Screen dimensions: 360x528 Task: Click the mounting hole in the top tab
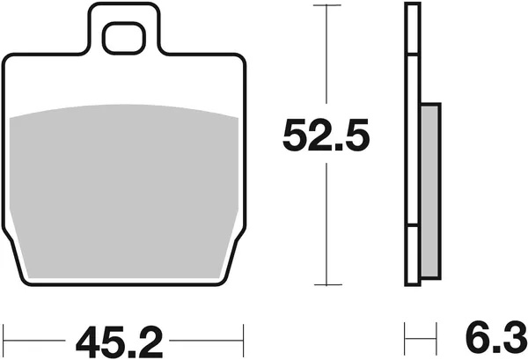click(x=124, y=38)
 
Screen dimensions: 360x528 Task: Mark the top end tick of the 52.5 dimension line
click(x=326, y=5)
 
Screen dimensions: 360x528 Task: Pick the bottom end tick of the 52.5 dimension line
click(x=326, y=284)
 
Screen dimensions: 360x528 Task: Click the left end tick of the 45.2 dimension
click(x=6, y=335)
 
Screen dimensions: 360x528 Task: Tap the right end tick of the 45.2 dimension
click(x=242, y=335)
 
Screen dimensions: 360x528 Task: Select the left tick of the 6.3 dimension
click(x=406, y=335)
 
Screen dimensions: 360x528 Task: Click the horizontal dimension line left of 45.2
click(x=35, y=335)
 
